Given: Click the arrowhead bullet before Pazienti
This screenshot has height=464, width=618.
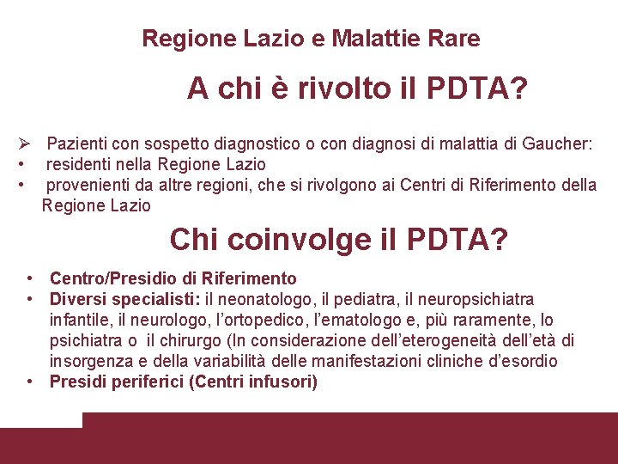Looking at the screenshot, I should click(26, 143).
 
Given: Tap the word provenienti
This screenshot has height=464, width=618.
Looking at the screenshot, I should click(91, 184).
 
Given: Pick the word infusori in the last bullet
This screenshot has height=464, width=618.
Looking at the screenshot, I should click(283, 382).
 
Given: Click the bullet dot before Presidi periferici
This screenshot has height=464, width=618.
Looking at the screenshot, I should click(30, 382).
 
